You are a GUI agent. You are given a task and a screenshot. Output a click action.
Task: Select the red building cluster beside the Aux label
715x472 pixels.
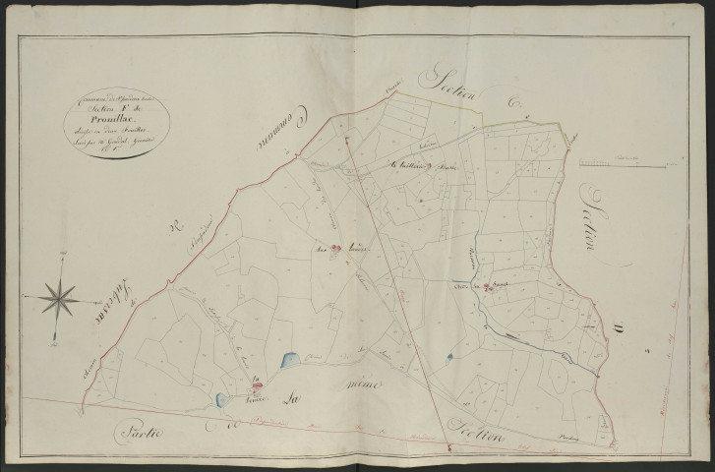[x=334, y=249]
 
